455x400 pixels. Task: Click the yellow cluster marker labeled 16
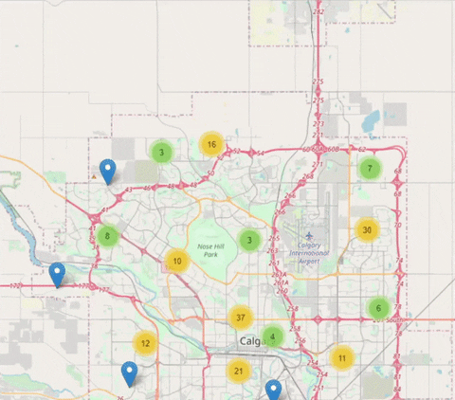click(x=211, y=145)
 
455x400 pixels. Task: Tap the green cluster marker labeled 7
click(x=369, y=169)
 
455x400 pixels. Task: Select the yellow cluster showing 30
click(x=366, y=229)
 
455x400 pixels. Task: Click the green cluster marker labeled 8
click(x=108, y=236)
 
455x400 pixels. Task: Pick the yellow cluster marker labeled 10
click(x=177, y=261)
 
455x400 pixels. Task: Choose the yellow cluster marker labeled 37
click(x=241, y=318)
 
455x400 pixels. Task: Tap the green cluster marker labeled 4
click(x=273, y=336)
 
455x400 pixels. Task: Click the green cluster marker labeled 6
click(x=378, y=308)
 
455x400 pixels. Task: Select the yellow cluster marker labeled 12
click(x=144, y=343)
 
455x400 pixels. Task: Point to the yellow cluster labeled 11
click(x=341, y=357)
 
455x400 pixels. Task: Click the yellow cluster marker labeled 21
click(x=239, y=371)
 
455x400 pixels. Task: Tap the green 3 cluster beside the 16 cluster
click(x=162, y=151)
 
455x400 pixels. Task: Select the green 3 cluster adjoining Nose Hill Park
click(x=249, y=240)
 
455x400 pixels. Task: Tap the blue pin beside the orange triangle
click(x=108, y=171)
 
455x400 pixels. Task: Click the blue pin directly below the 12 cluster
click(x=130, y=373)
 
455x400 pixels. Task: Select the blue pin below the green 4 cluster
click(x=273, y=390)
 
